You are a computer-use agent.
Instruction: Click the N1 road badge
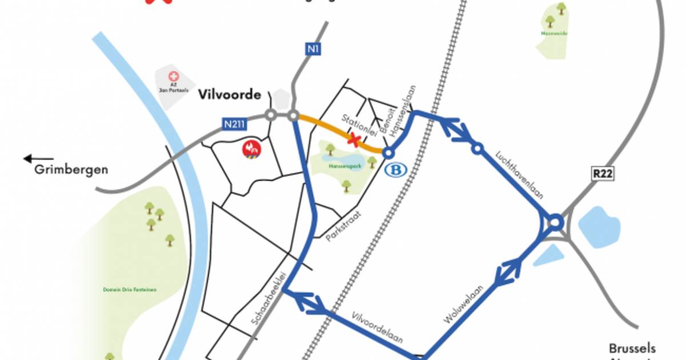[312, 50]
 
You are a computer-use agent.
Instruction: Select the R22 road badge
[603, 174]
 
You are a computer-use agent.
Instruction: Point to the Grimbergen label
[71, 169]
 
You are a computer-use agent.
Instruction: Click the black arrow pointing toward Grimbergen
[38, 159]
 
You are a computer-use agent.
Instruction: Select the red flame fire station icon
[252, 149]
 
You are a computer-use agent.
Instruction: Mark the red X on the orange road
[355, 139]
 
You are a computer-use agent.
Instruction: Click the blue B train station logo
[393, 170]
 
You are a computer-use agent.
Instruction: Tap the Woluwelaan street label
[464, 305]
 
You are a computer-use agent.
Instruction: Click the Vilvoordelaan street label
[378, 327]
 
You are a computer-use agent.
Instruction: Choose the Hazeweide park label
[550, 34]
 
